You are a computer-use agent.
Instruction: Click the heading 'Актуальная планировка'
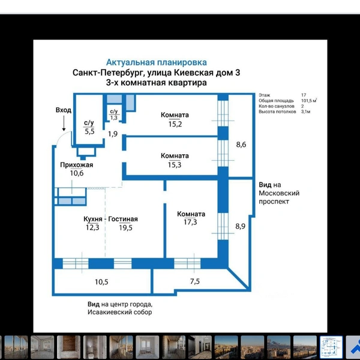tap(157, 62)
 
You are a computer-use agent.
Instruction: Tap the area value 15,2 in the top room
tap(175, 124)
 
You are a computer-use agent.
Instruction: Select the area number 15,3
tap(175, 165)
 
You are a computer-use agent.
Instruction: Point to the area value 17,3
tap(190, 222)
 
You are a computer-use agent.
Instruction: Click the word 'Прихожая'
tap(77, 165)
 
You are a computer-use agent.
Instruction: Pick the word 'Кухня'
tap(93, 219)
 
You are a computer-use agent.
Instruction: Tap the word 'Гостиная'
tap(123, 219)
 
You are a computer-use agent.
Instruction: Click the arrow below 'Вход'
tap(64, 123)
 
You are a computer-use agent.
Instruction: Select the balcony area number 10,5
tap(101, 282)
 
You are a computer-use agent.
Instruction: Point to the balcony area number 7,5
tap(195, 281)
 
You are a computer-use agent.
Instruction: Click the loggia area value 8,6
tap(241, 145)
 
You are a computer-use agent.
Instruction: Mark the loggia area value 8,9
tap(241, 226)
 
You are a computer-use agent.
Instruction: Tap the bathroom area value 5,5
tap(89, 131)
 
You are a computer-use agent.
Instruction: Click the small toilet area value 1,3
tap(114, 118)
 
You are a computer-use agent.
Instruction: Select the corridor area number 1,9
tap(113, 134)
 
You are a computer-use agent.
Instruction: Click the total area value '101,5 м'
tap(309, 101)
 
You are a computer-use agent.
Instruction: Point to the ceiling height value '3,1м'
tap(306, 112)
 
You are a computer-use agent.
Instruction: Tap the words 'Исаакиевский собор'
tap(119, 312)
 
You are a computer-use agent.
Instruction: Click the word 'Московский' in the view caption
tap(279, 193)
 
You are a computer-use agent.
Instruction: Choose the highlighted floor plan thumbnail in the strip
tap(331, 347)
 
